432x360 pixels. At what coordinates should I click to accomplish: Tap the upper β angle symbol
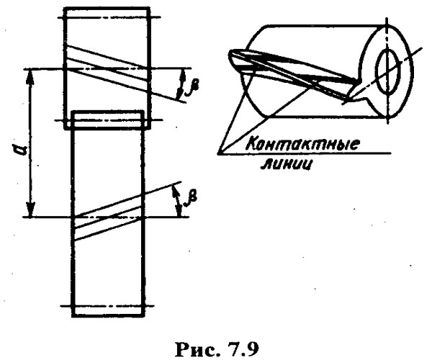click(193, 84)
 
